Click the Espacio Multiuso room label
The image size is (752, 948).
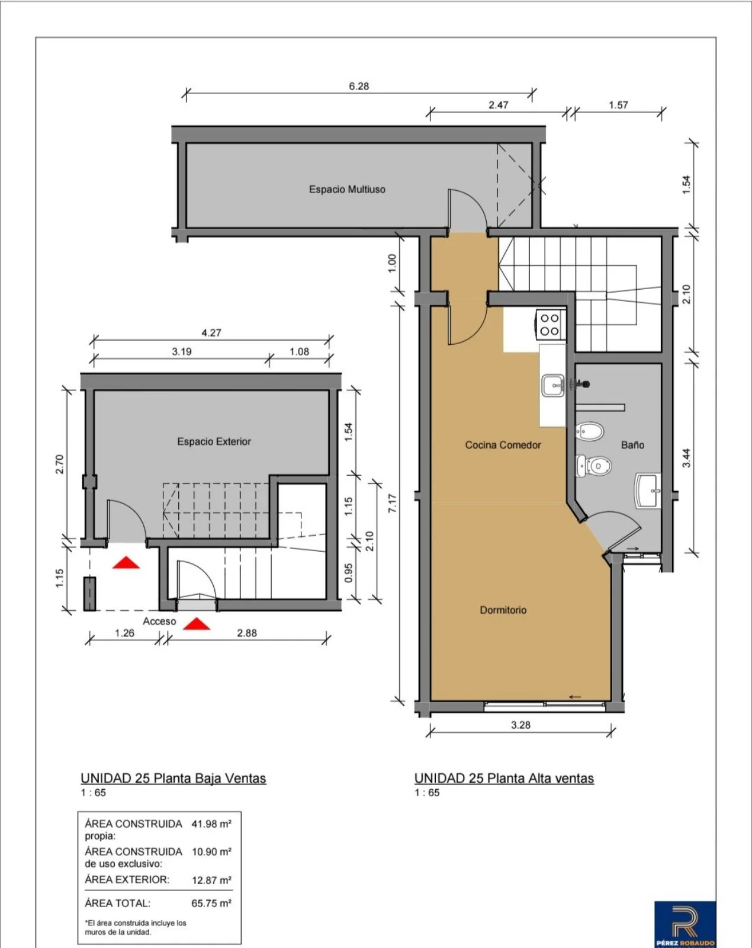(x=347, y=190)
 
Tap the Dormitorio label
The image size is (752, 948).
(x=503, y=610)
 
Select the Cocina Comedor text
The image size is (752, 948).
(x=503, y=445)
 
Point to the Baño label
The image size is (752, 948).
(x=632, y=445)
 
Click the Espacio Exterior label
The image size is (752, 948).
(x=214, y=441)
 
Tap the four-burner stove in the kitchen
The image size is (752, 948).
(x=550, y=325)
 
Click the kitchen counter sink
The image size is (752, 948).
(x=554, y=386)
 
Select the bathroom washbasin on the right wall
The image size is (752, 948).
(x=648, y=491)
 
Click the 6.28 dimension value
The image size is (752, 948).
(x=359, y=87)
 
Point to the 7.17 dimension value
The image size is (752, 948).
(x=393, y=504)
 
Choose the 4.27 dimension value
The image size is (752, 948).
(x=211, y=333)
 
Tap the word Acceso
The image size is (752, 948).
(x=159, y=622)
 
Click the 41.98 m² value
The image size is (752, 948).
(x=211, y=824)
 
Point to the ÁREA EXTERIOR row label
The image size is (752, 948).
(x=127, y=880)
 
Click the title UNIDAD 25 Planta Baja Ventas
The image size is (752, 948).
(x=173, y=779)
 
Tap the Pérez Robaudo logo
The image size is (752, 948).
(x=685, y=923)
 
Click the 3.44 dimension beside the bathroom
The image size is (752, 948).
(x=687, y=458)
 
